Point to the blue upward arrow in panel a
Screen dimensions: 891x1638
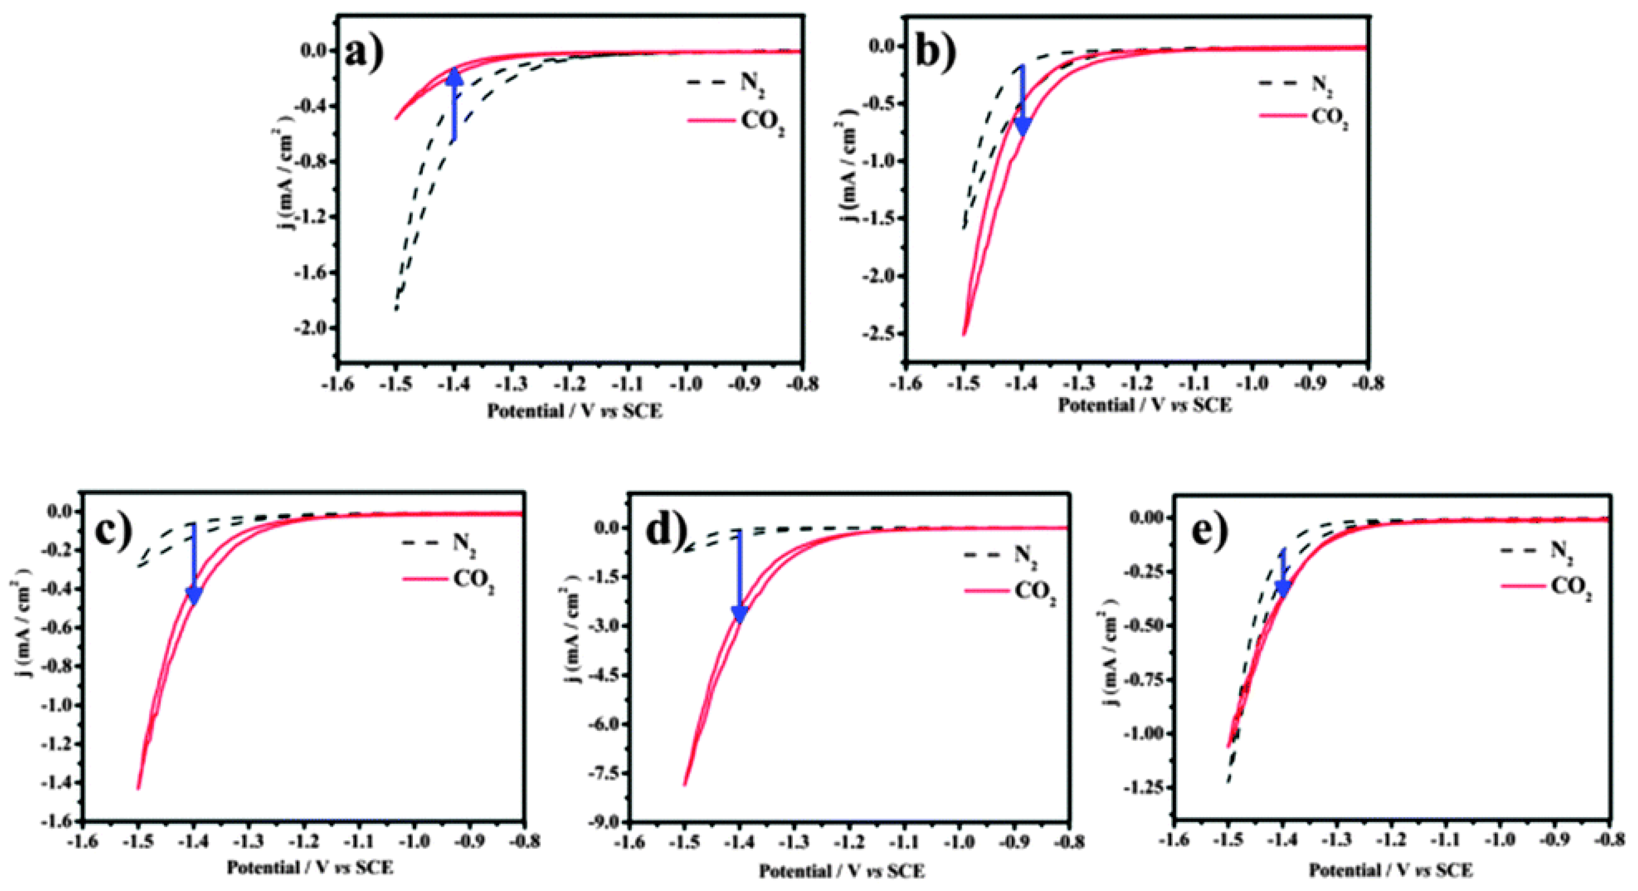(x=454, y=104)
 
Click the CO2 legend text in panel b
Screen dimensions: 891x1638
(x=1330, y=118)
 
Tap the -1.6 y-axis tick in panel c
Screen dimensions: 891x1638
(x=57, y=821)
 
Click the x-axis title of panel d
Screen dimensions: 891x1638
(x=841, y=871)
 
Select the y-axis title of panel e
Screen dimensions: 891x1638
(x=1108, y=655)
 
